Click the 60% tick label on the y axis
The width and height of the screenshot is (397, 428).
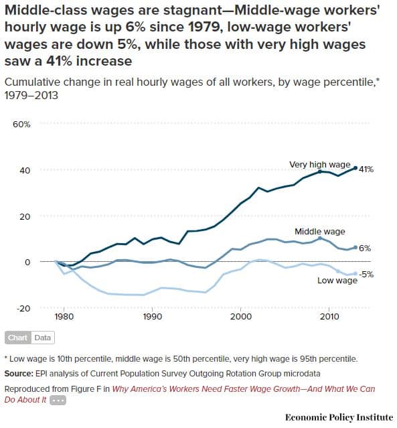pyautogui.click(x=22, y=125)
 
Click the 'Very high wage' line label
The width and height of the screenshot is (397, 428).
pyautogui.click(x=319, y=164)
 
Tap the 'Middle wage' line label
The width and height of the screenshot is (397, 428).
pyautogui.click(x=320, y=231)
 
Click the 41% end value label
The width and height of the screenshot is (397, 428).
pyautogui.click(x=366, y=169)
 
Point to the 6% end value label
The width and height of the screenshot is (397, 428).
pyautogui.click(x=365, y=248)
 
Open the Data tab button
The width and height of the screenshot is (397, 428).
pyautogui.click(x=42, y=338)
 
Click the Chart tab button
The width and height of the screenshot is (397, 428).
pyautogui.click(x=17, y=338)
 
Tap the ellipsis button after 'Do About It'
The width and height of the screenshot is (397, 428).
pyautogui.click(x=58, y=400)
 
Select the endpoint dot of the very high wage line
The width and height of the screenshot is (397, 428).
pyautogui.click(x=355, y=168)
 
